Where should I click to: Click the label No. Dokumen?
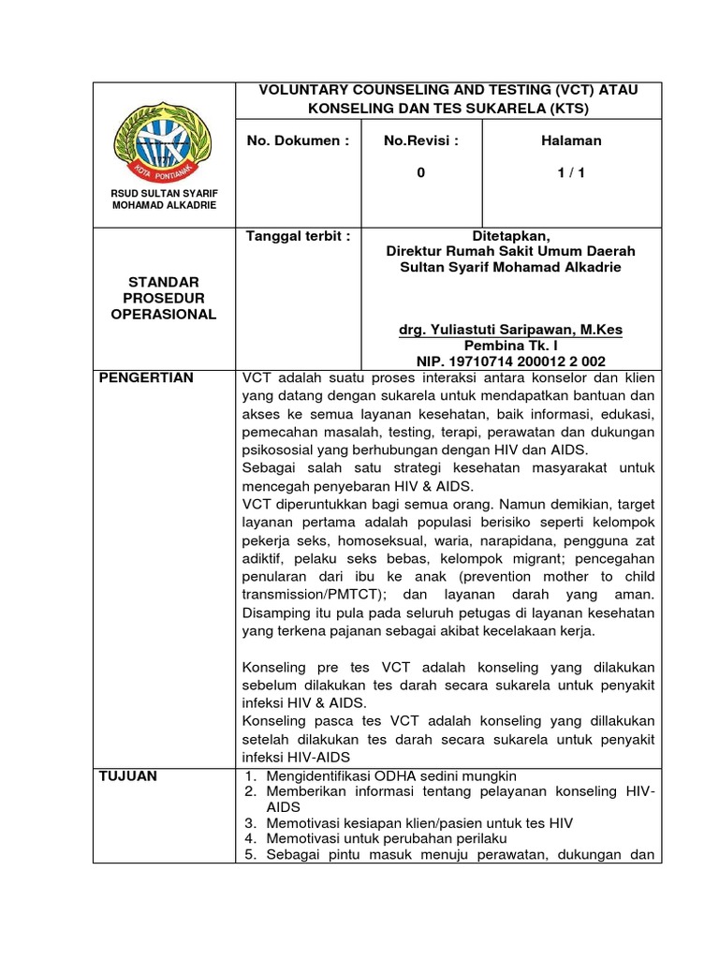tap(298, 140)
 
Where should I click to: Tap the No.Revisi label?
tap(421, 140)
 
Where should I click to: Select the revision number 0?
tap(421, 172)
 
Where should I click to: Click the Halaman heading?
tap(571, 140)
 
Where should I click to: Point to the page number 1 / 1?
tap(571, 172)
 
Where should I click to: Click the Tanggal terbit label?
tap(298, 236)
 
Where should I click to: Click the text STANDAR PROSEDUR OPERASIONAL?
tap(164, 298)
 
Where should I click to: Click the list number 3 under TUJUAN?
tap(251, 823)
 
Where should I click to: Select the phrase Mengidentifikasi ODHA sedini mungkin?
tap(391, 776)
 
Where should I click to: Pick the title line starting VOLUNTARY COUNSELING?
tap(448, 90)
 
